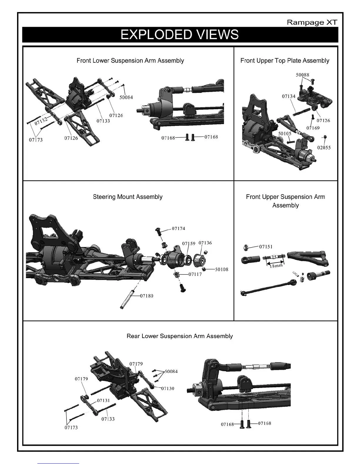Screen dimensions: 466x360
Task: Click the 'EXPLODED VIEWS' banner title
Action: (x=179, y=35)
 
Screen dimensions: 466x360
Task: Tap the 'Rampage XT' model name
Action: (x=312, y=22)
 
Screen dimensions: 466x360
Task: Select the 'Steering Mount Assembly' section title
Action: (x=128, y=197)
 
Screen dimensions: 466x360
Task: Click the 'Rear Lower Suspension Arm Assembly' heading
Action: (x=179, y=336)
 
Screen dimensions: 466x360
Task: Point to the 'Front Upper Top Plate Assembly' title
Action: (x=285, y=61)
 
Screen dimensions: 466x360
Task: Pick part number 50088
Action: (x=302, y=75)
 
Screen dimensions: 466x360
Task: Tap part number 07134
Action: (x=289, y=96)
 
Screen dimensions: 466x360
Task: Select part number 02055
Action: (x=324, y=148)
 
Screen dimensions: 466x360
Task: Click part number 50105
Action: (x=285, y=134)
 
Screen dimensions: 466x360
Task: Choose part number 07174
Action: (x=179, y=228)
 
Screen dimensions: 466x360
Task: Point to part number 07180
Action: (x=146, y=296)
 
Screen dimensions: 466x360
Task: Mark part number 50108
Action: (x=221, y=269)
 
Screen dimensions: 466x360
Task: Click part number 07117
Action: (x=195, y=274)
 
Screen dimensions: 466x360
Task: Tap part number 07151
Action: (x=266, y=247)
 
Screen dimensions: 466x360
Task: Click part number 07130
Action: (x=168, y=388)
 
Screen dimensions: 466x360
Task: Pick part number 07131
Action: (x=103, y=400)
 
